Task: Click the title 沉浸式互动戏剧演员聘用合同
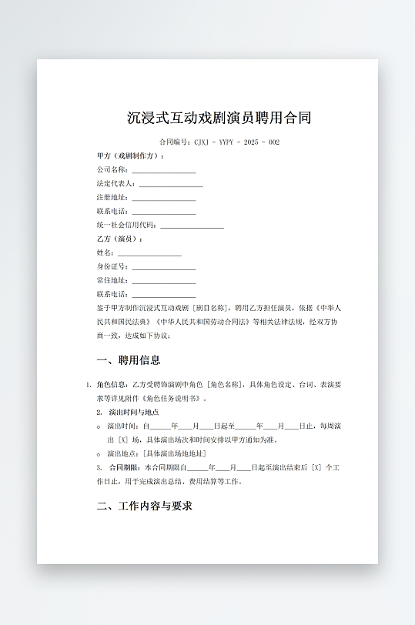pos(219,119)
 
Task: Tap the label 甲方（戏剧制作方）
pos(130,155)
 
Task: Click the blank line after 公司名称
pos(163,171)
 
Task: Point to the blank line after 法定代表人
pos(170,185)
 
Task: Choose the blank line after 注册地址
pos(163,199)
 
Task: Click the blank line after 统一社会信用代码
pos(192,226)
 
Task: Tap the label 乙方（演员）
pos(119,239)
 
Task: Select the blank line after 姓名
pos(149,253)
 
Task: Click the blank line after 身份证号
pos(163,267)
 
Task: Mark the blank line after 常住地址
pos(163,281)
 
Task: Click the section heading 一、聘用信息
pos(129,360)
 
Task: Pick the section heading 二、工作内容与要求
pos(144,506)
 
